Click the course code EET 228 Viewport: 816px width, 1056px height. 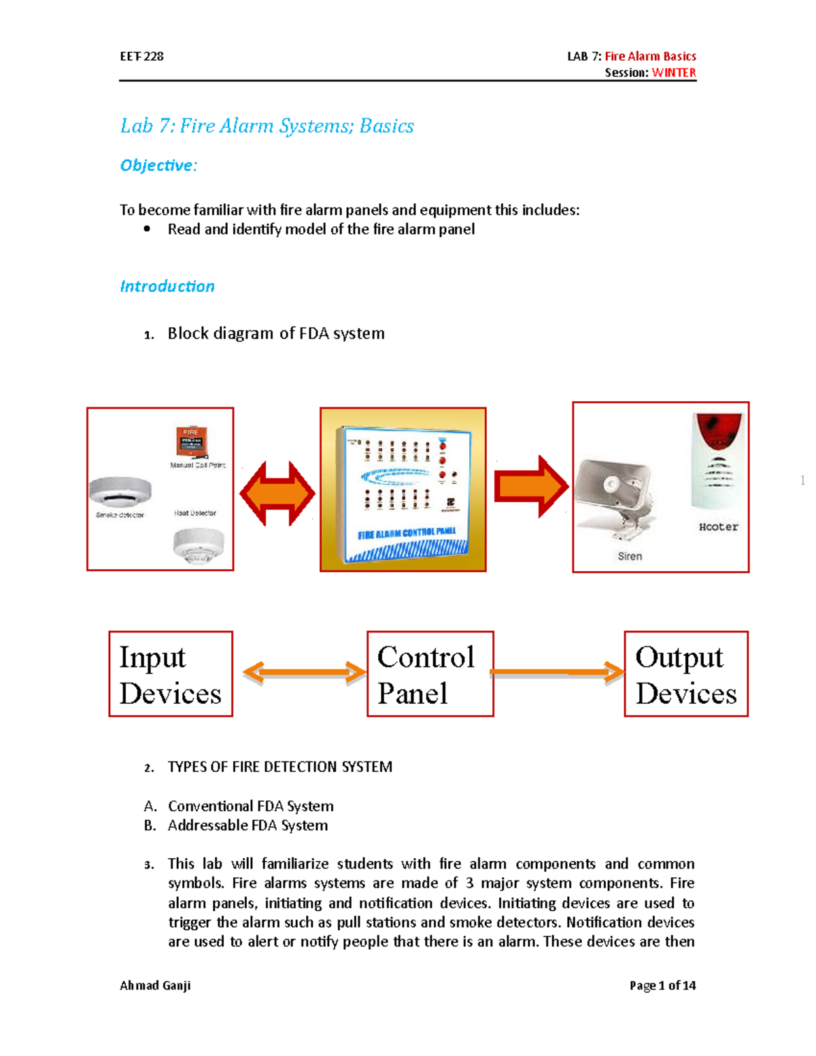141,56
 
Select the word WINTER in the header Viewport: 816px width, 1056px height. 673,73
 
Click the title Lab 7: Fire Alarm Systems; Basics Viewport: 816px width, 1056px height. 267,126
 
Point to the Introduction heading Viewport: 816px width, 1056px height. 167,286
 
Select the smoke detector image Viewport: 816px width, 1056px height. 120,492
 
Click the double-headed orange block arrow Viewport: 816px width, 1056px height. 277,493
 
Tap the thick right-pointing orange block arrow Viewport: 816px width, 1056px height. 531,487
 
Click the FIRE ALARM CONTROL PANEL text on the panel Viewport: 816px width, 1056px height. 407,534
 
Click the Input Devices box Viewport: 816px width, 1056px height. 171,674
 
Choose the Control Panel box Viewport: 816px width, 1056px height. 430,674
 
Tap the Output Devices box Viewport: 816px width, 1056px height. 685,674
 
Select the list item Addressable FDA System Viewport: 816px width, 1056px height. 248,825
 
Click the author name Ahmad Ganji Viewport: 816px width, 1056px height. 155,985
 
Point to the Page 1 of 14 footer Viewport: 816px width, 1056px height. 662,985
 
